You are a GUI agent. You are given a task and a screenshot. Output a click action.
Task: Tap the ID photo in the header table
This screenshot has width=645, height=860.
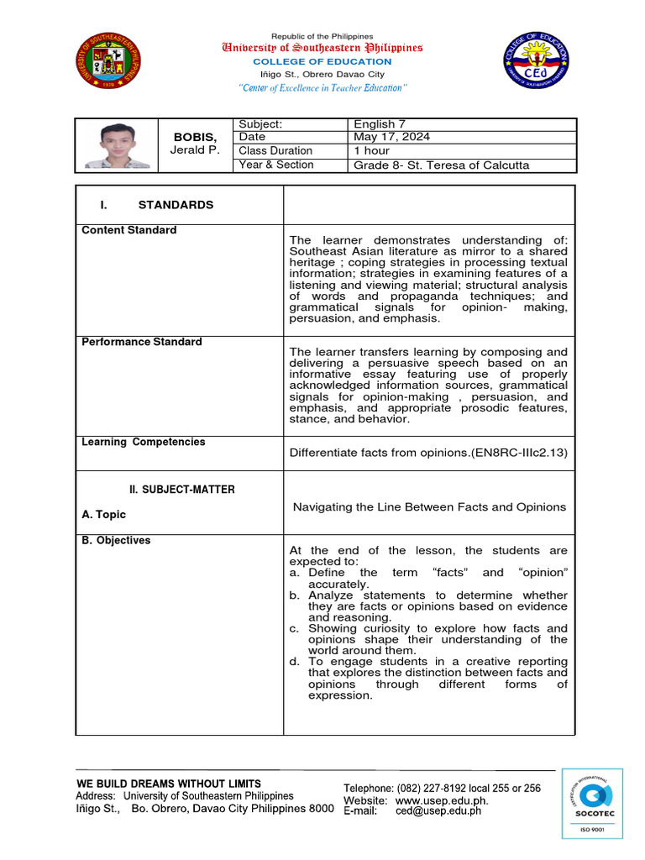click(x=118, y=144)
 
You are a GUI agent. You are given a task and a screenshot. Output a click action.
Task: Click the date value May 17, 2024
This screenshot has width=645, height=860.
click(x=391, y=137)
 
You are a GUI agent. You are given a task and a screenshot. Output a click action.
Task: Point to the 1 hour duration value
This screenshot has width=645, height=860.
click(x=371, y=150)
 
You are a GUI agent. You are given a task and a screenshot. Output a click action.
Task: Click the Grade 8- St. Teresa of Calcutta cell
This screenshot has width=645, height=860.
click(x=441, y=165)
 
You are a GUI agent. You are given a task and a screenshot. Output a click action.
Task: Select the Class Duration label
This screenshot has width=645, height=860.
click(x=275, y=150)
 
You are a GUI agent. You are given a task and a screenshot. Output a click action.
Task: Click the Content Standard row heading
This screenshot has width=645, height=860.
click(x=128, y=230)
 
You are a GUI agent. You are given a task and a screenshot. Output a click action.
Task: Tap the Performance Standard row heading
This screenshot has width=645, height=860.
click(x=141, y=342)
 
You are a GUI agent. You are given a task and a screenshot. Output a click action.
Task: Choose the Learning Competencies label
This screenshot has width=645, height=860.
click(x=143, y=442)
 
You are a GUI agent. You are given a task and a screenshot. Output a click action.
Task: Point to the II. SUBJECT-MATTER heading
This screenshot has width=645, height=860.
click(x=181, y=490)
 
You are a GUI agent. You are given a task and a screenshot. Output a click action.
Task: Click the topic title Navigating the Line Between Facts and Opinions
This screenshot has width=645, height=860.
click(x=428, y=506)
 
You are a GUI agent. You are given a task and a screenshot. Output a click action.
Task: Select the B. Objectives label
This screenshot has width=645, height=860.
click(x=116, y=540)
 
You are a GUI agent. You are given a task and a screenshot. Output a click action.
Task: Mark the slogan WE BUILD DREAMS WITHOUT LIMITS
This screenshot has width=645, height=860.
click(x=168, y=784)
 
